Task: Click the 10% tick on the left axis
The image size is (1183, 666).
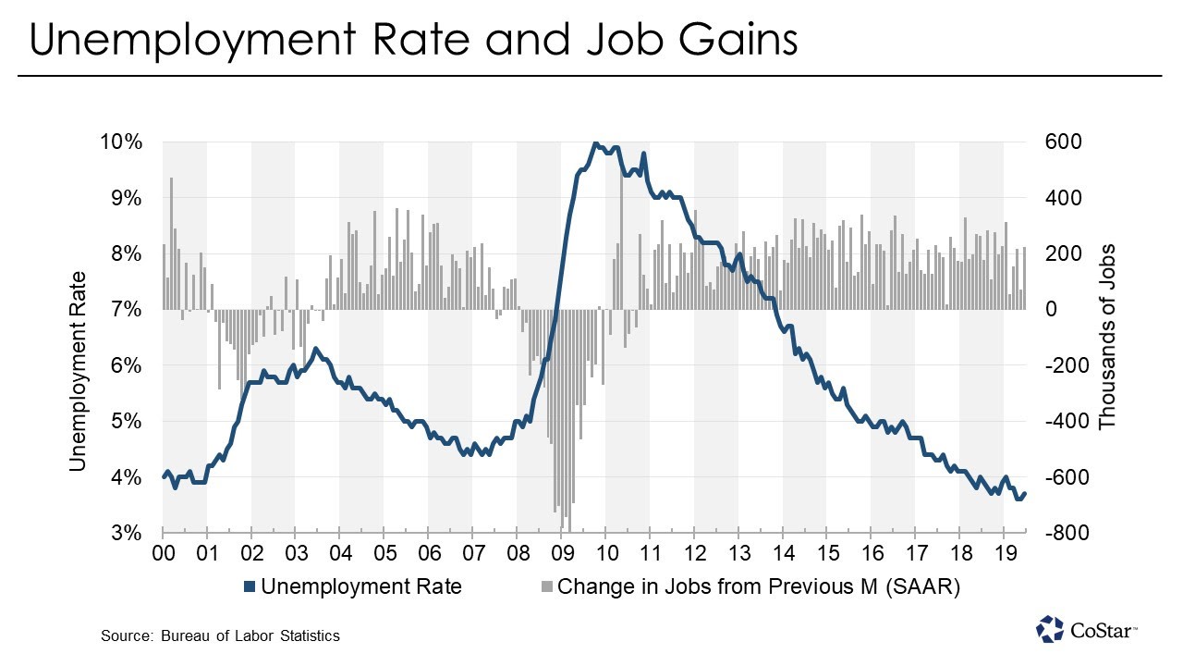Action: pos(122,142)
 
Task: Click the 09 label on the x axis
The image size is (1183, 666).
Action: pos(562,555)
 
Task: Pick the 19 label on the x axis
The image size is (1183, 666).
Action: pos(1004,555)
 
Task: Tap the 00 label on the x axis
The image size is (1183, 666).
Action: pos(164,555)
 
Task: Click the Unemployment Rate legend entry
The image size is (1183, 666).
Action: pos(360,586)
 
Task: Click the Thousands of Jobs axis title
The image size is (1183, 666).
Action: pos(1107,337)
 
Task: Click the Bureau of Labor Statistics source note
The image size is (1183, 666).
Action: pos(221,635)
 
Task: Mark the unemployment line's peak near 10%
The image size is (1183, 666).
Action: pos(595,143)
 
